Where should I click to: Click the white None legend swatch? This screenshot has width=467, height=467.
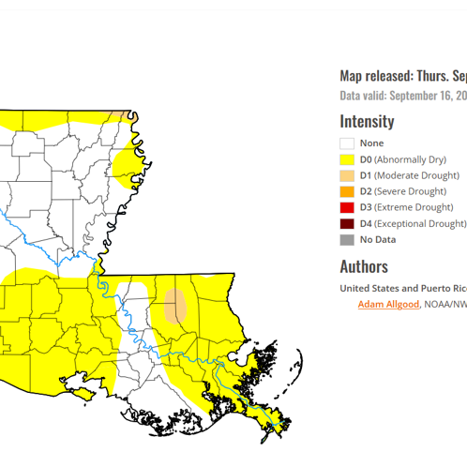[x=347, y=143]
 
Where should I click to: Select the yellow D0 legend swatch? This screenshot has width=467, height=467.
[x=347, y=159]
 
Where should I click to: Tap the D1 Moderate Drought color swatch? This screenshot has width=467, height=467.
[x=347, y=175]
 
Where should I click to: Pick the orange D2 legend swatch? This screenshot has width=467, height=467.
[x=347, y=191]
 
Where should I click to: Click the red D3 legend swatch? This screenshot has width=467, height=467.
[x=347, y=207]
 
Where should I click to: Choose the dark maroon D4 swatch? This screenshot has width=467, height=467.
[x=347, y=223]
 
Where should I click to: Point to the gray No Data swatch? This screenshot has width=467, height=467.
[x=347, y=239]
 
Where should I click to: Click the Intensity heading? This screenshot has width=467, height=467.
[x=367, y=121]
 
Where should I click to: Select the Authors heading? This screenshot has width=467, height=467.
[x=364, y=266]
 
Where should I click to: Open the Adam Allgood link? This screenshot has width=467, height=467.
[x=388, y=304]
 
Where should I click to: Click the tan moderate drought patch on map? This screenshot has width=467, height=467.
[x=175, y=305]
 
